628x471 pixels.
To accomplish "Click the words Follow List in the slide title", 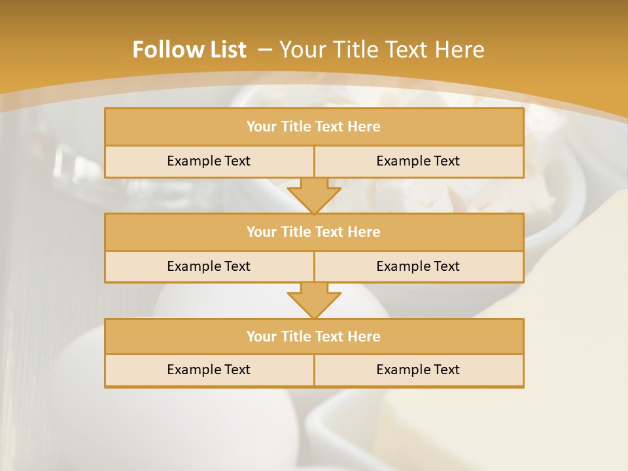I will click(x=189, y=50).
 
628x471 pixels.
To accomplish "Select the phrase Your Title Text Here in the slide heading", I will click(x=382, y=50).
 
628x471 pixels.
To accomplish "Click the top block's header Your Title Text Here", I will click(x=313, y=127).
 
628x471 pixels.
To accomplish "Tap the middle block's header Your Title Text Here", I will click(x=313, y=232).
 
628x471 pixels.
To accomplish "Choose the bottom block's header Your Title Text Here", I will click(x=313, y=336).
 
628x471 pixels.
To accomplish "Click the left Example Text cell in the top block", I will click(x=209, y=161).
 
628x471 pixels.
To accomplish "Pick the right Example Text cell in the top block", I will click(x=418, y=161).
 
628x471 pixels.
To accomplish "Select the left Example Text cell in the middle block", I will click(x=209, y=266).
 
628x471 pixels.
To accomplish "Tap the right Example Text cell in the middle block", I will click(x=418, y=266).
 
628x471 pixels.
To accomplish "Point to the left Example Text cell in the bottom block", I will click(x=209, y=370).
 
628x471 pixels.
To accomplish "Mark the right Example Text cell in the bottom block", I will click(x=418, y=370).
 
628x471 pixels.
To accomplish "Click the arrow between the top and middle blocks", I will click(x=314, y=196).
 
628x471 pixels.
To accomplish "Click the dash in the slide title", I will click(x=265, y=50).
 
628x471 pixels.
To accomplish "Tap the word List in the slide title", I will click(x=225, y=50).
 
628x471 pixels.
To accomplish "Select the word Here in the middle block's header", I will click(x=364, y=232).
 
